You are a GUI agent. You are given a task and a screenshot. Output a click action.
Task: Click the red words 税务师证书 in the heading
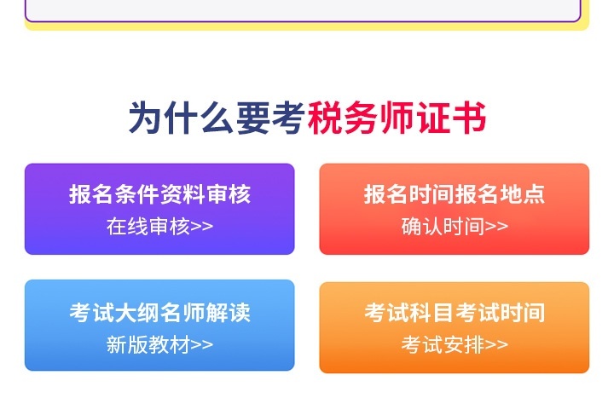pos(397,118)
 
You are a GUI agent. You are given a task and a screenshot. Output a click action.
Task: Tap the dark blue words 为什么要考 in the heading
pos(217,118)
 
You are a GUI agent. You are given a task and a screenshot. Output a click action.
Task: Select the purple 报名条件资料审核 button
pos(159,209)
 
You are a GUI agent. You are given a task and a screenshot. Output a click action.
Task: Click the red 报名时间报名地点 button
pos(454,209)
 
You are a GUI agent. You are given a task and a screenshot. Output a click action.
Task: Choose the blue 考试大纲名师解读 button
pos(159,326)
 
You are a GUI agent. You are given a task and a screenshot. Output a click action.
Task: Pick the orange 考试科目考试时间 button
pos(454,327)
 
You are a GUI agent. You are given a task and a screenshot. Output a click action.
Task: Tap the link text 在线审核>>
pos(159,226)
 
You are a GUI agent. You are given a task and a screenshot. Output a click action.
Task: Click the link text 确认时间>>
pos(454,226)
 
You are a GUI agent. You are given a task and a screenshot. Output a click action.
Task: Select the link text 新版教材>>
pos(159,344)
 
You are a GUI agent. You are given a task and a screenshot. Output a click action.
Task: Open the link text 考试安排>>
pos(454,344)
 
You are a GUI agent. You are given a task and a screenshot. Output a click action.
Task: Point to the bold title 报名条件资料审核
pos(159,194)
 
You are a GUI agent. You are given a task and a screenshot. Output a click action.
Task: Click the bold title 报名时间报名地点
pos(454,194)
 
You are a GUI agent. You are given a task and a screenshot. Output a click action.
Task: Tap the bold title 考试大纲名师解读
pos(159,313)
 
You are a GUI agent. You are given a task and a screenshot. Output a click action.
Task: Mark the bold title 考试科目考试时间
pos(454,313)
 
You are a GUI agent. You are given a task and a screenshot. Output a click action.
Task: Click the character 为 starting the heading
pos(146,118)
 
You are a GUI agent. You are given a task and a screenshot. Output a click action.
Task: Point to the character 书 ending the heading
pos(469,118)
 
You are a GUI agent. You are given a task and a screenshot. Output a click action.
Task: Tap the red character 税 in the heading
pos(325,118)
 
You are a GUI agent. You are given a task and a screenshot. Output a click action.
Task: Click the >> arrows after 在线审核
pos(202,226)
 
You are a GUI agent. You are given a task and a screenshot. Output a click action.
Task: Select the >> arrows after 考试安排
pos(496,344)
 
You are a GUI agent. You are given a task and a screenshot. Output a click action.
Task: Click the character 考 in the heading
pos(288,118)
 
